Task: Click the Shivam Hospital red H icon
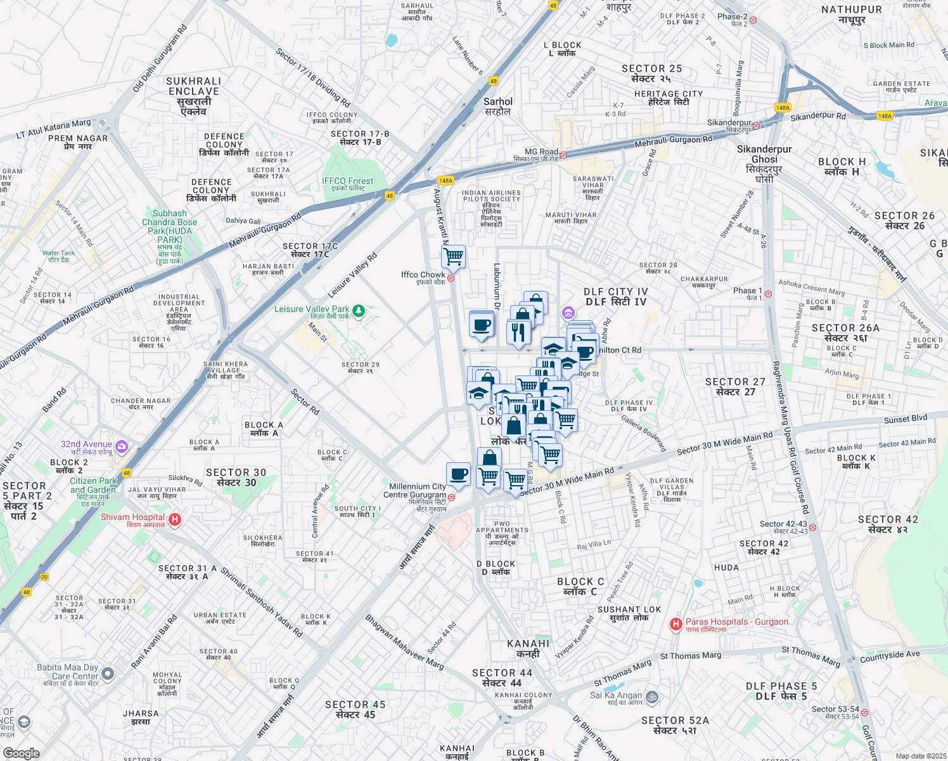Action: [175, 519]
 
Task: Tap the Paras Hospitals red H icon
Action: [676, 625]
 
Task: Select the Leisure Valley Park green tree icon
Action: [359, 311]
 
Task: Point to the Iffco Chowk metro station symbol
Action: [451, 278]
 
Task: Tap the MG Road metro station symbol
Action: [563, 155]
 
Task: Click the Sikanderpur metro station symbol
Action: [756, 126]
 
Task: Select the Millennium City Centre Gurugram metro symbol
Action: [451, 497]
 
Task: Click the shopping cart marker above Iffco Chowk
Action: [453, 257]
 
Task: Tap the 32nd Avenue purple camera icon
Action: [121, 446]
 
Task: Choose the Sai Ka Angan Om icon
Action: [651, 698]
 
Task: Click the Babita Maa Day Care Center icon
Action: [108, 673]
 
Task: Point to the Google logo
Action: [21, 753]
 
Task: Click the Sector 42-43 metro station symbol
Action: [812, 527]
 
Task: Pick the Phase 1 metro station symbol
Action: [767, 294]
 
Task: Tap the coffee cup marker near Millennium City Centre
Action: [458, 474]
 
